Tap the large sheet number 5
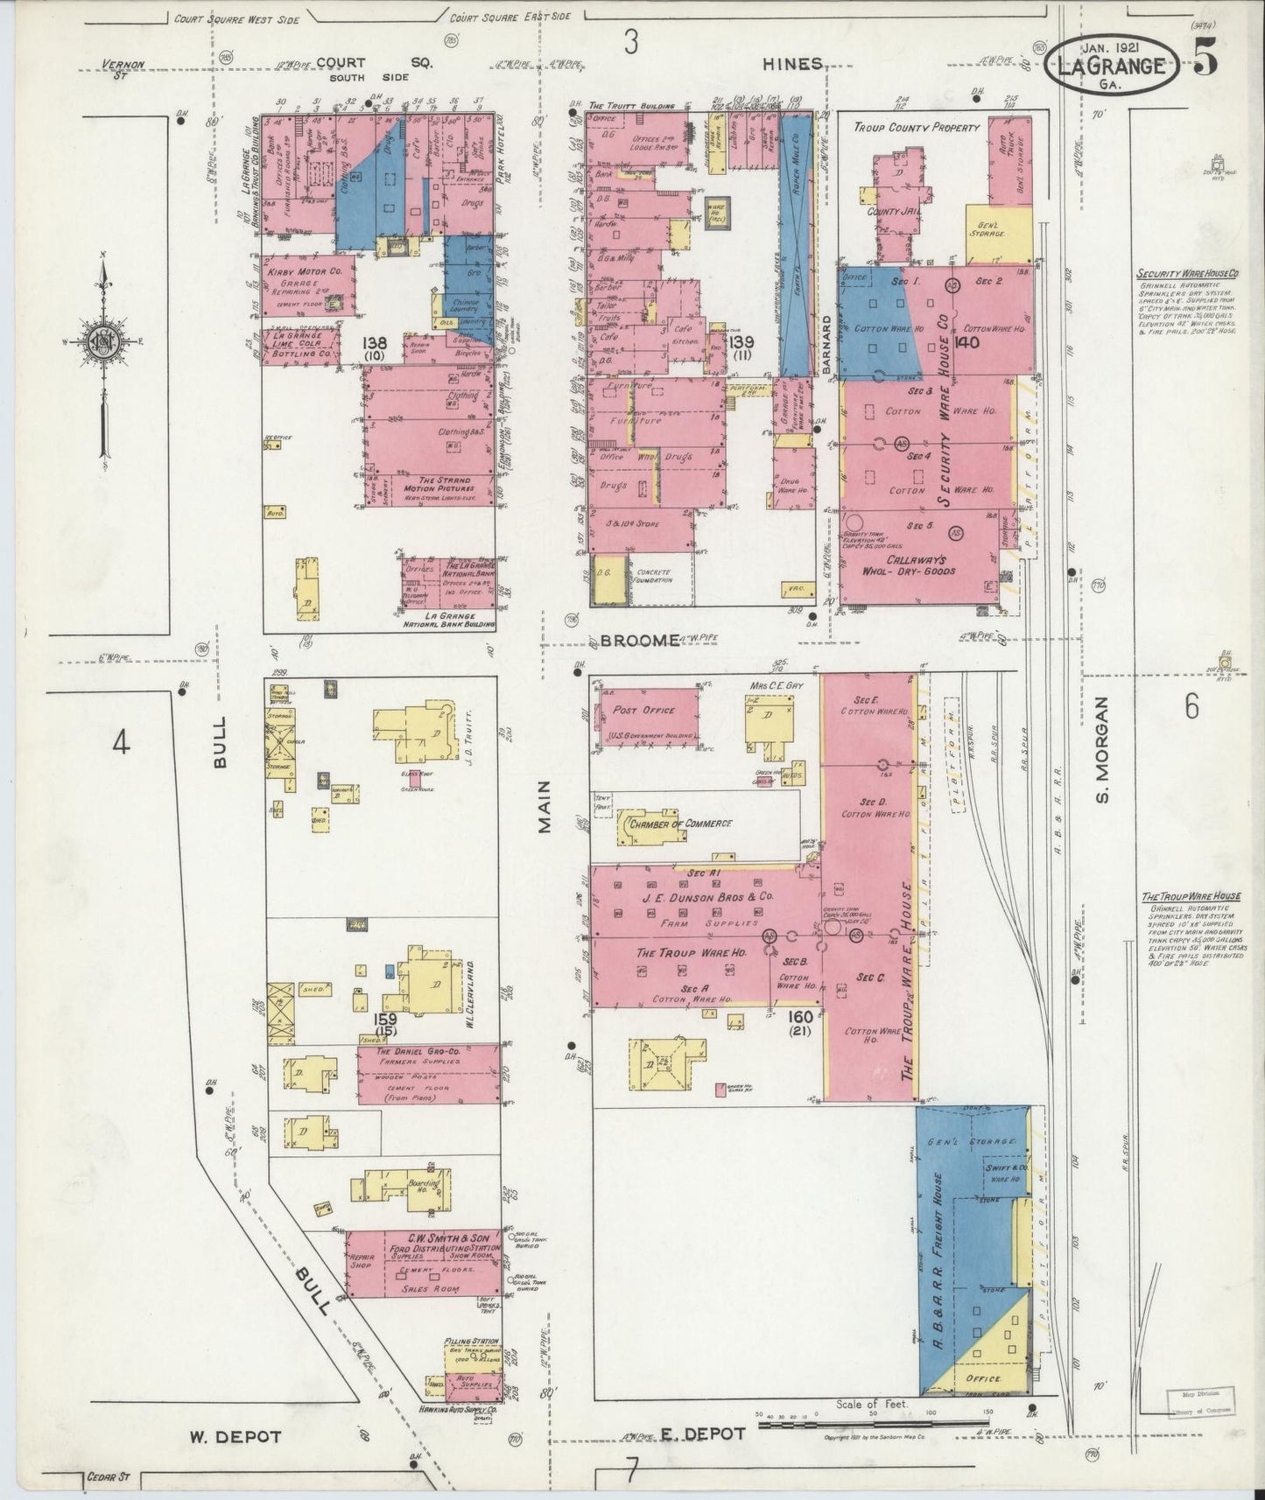point(1205,60)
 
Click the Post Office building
point(648,717)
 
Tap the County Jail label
point(890,211)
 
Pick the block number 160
point(800,1016)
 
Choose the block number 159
point(386,1019)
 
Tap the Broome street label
point(640,641)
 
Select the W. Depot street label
point(235,1436)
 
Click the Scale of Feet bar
point(875,1424)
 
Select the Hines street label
point(791,63)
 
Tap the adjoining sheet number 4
point(121,743)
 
